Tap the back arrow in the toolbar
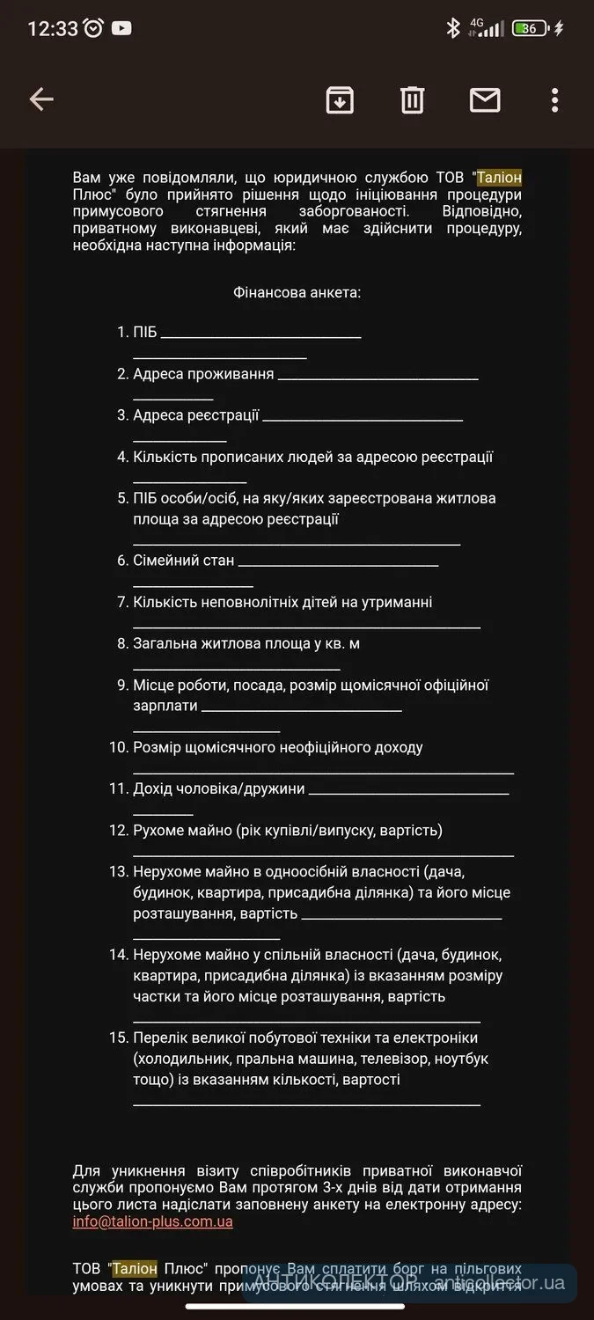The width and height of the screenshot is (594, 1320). click(x=41, y=99)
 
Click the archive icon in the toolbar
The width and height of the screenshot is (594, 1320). click(x=340, y=100)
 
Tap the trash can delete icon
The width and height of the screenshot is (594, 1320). click(x=412, y=100)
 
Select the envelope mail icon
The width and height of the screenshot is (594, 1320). click(x=485, y=100)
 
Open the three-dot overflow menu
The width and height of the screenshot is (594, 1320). click(x=554, y=100)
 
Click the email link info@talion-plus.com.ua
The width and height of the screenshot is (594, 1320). click(x=153, y=1221)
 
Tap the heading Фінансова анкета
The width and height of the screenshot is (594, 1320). click(x=297, y=292)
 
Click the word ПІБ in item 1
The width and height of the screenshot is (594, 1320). click(x=145, y=333)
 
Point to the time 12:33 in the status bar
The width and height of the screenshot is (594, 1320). click(x=53, y=28)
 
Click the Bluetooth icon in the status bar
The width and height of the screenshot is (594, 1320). click(x=453, y=28)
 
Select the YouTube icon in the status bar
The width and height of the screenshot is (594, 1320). click(x=121, y=28)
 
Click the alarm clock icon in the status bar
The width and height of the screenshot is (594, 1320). click(x=94, y=28)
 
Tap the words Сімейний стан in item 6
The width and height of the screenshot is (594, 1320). click(x=184, y=561)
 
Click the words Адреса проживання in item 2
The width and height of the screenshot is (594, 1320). click(x=203, y=374)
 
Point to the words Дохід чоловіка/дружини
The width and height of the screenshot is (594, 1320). click(x=219, y=788)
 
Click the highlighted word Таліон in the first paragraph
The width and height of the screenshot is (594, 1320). click(x=499, y=178)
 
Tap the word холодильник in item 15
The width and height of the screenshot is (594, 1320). click(x=185, y=1058)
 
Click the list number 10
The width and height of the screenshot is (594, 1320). click(x=119, y=747)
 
